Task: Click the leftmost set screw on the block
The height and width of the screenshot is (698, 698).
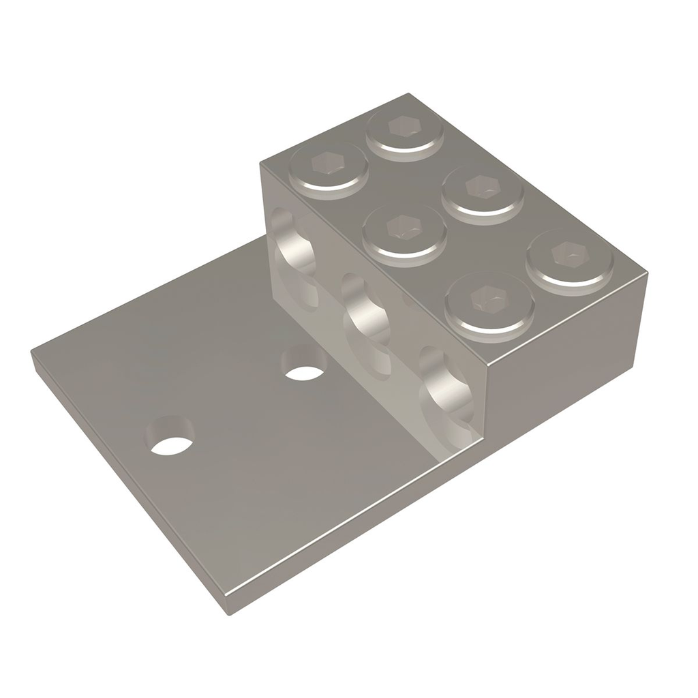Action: pyautogui.click(x=329, y=168)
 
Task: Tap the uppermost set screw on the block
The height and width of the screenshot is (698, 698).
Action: pyautogui.click(x=405, y=132)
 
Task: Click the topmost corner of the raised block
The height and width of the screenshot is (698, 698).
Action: pyautogui.click(x=408, y=93)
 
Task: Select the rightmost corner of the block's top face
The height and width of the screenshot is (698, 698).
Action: pyautogui.click(x=648, y=272)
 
